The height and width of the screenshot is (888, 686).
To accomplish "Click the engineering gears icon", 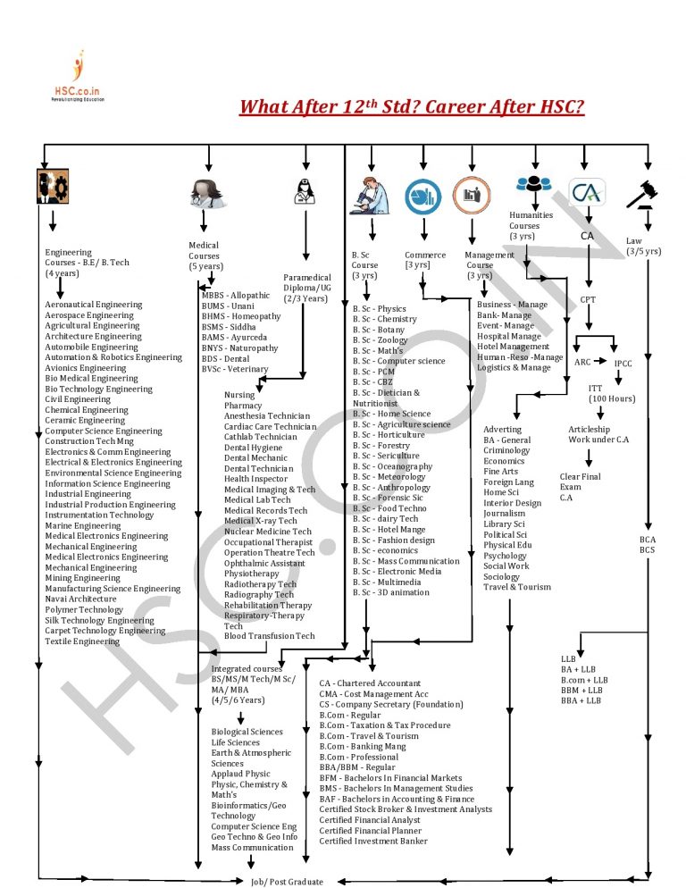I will click(52, 184).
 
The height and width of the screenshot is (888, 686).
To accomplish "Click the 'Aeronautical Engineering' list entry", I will click(93, 305).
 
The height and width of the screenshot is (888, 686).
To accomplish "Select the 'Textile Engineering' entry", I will click(82, 641).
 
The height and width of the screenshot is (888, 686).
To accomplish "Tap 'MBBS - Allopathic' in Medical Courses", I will click(235, 296).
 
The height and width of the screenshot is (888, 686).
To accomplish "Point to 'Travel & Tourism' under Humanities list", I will click(517, 587).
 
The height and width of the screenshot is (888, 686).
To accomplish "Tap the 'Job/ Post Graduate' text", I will click(287, 881).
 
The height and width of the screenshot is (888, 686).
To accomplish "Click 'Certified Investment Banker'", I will click(373, 841).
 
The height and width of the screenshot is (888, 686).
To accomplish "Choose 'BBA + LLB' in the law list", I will click(581, 701).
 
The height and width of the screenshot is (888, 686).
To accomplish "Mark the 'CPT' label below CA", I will click(588, 300).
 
